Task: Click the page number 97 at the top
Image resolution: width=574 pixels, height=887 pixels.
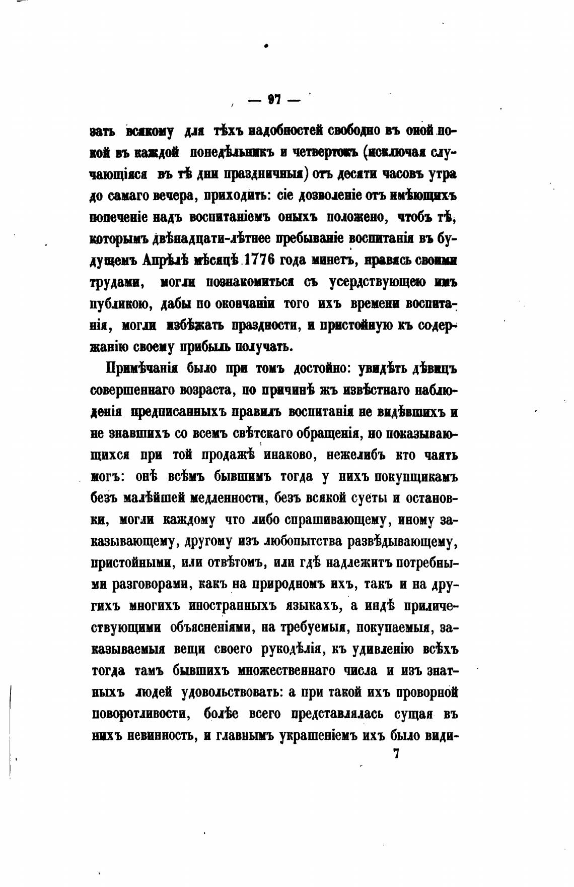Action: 274,99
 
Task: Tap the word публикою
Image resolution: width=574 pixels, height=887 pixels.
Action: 119,304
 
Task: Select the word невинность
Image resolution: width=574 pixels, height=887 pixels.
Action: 162,735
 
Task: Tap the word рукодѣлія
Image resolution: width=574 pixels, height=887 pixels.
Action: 293,649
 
